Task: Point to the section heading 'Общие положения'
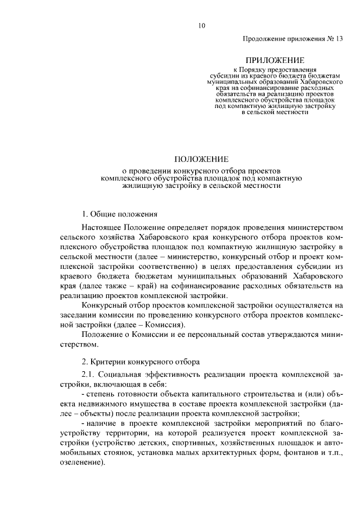click(x=124, y=214)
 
